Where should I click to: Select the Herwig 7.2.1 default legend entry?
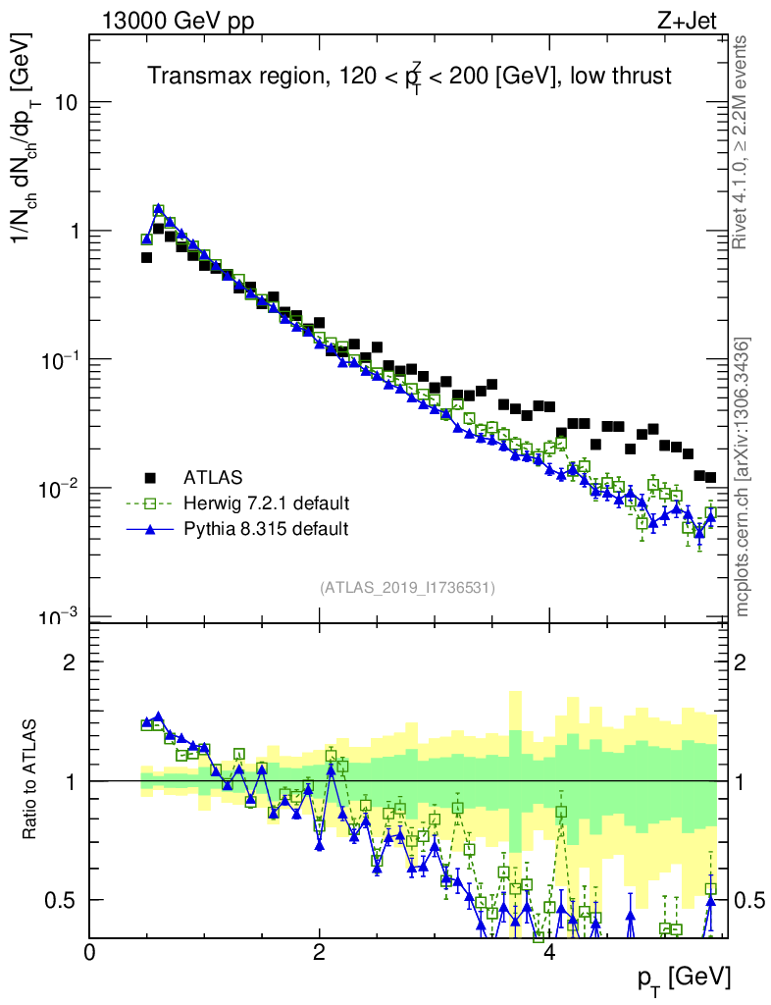265,503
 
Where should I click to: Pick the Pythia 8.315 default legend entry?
265,529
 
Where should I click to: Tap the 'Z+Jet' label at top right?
699,20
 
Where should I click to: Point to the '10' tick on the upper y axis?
65,103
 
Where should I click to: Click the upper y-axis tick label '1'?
73,232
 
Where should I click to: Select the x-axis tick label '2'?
320,952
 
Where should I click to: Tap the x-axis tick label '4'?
549,952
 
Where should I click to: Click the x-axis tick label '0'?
90,952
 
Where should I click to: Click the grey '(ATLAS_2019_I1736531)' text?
407,588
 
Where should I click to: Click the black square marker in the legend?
151,479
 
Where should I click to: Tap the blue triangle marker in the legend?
151,529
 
